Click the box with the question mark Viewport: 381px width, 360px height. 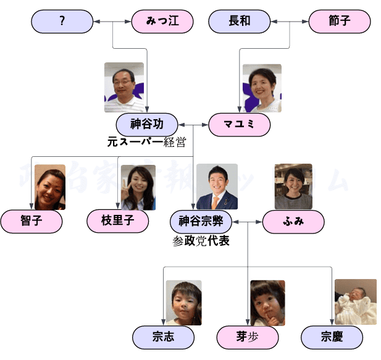pos(62,22)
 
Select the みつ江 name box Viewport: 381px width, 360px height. pos(162,22)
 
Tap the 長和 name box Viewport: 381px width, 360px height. pos(240,22)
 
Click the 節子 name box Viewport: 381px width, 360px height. pos(340,22)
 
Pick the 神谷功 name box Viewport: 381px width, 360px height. pos(147,124)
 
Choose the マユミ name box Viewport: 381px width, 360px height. pos(240,124)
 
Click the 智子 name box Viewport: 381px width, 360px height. pos(31,221)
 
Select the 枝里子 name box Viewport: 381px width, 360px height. pos(117,221)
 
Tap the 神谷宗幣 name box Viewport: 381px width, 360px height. pos(201,221)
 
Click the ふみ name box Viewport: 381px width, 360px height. pos(293,221)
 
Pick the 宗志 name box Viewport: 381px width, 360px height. pos(163,337)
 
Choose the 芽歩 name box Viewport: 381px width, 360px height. pos(248,337)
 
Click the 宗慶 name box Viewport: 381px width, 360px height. pos(332,337)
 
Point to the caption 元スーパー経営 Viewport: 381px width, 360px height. pos(146,141)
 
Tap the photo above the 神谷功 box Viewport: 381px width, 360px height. pos(124,87)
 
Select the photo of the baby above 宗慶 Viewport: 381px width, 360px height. pos(355,302)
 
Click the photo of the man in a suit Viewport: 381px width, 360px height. pos(217,186)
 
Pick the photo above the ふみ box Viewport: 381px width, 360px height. pos(293,186)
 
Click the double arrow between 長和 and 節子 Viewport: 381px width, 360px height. pos(290,22)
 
